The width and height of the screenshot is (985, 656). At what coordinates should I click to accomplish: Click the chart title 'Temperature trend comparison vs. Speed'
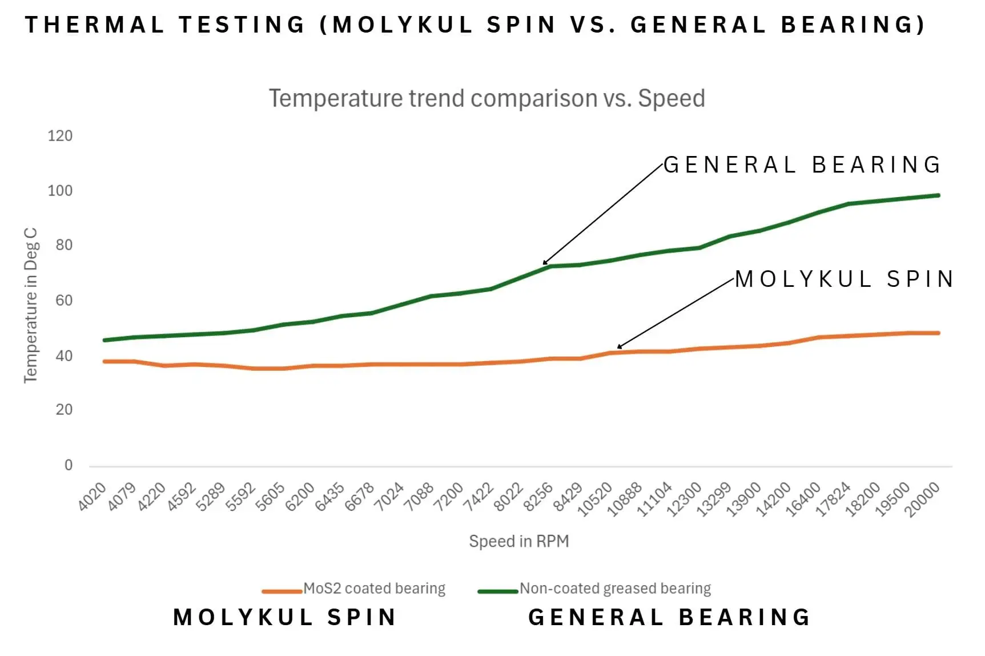(487, 98)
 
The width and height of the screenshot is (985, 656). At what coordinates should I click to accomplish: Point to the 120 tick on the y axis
(60, 136)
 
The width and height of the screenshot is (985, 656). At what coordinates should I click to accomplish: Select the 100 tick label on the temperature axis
(60, 191)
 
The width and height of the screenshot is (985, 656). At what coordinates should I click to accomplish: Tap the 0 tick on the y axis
(69, 465)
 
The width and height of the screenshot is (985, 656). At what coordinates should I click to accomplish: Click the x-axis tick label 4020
(93, 496)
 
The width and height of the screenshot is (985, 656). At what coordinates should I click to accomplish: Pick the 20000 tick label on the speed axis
(923, 499)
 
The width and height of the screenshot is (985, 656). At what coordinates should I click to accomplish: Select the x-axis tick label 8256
(538, 497)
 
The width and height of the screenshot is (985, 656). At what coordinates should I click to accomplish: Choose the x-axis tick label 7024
(389, 497)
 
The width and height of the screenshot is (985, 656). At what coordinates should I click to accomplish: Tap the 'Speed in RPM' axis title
(518, 541)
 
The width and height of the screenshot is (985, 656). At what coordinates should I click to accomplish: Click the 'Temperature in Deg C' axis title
(30, 305)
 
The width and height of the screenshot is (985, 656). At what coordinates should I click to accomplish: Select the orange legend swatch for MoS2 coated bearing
(282, 591)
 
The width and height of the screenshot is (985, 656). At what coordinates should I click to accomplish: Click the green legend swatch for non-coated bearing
(497, 591)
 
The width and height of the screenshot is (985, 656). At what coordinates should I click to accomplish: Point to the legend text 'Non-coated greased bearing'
(615, 588)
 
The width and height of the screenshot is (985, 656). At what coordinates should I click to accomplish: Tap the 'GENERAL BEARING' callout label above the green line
(802, 165)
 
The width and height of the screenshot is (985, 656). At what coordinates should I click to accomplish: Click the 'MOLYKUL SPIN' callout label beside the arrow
(844, 279)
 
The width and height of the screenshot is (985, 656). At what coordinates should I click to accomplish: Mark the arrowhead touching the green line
(545, 263)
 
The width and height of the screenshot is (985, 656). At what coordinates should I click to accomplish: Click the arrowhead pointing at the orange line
(620, 347)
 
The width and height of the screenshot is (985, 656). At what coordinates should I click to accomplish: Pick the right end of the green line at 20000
(938, 195)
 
